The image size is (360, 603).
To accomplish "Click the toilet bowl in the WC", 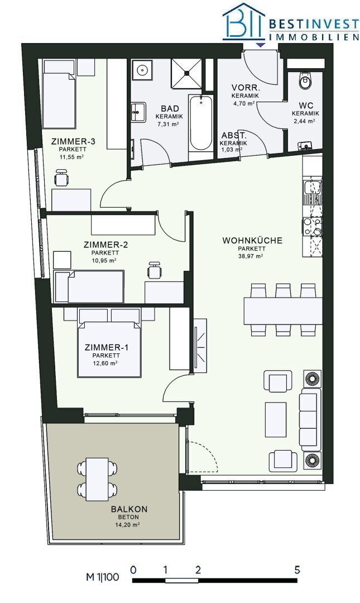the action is click(x=306, y=80).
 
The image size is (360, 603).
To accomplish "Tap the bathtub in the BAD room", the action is click(x=200, y=123).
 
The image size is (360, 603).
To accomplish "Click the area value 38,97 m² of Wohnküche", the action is click(x=252, y=256).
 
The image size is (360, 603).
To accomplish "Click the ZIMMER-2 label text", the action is click(x=106, y=245).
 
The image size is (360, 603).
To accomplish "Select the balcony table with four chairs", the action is click(x=97, y=479).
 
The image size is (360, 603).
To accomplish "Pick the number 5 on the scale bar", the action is click(x=297, y=569).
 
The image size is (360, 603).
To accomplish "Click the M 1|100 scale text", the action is click(x=103, y=577).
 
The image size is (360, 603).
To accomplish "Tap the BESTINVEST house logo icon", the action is click(x=244, y=21).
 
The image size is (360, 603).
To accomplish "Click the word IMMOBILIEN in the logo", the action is click(x=314, y=37).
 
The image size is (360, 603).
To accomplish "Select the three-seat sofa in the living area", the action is click(x=310, y=419).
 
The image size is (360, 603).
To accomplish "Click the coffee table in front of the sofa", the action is click(x=276, y=419).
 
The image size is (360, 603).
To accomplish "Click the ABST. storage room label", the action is click(x=234, y=136).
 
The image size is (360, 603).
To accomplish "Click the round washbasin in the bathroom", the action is click(x=142, y=70).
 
